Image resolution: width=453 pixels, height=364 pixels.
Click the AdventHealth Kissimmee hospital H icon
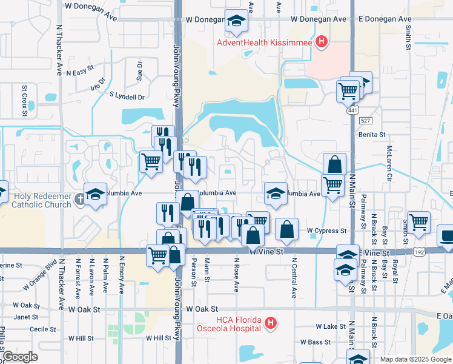pyautogui.click(x=322, y=42)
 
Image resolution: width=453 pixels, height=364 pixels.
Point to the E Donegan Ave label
pyautogui.click(x=385, y=19)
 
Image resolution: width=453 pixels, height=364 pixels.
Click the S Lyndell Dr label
pyautogui.click(x=127, y=96)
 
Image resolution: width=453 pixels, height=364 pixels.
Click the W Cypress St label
pyautogui.click(x=326, y=231)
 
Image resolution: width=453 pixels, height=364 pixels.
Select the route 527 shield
pyautogui.click(x=365, y=121)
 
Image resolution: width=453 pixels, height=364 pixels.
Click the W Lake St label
pyautogui.click(x=330, y=326)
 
